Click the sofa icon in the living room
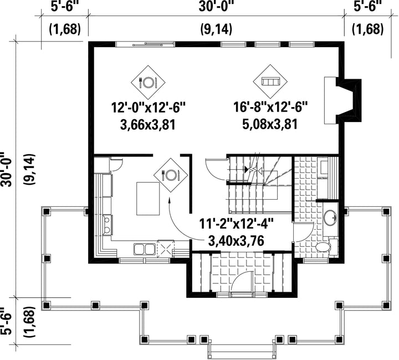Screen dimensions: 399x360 click(270, 82)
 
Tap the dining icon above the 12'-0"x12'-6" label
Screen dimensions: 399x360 click(148, 82)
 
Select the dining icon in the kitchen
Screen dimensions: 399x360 click(171, 175)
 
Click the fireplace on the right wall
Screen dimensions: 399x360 click(342, 100)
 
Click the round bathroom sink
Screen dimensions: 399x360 click(330, 218)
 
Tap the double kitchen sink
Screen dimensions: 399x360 click(145, 249)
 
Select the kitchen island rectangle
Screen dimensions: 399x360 click(148, 199)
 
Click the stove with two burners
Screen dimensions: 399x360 click(107, 225)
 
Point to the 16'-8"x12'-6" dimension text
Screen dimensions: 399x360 click(271, 107)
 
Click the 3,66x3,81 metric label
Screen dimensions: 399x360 click(148, 125)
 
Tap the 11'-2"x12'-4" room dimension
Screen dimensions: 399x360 click(236, 225)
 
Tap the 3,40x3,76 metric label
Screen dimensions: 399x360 click(236, 241)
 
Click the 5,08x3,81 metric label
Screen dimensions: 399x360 click(270, 125)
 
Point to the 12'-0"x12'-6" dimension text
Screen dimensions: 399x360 click(148, 107)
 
